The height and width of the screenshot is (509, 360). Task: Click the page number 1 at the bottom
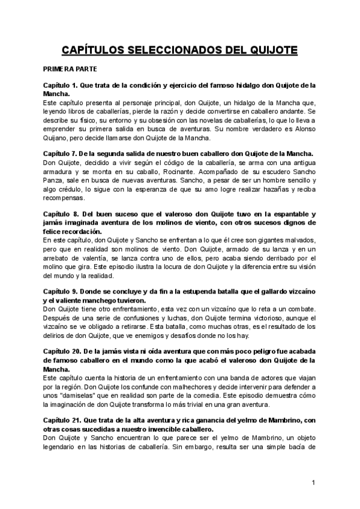314,482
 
